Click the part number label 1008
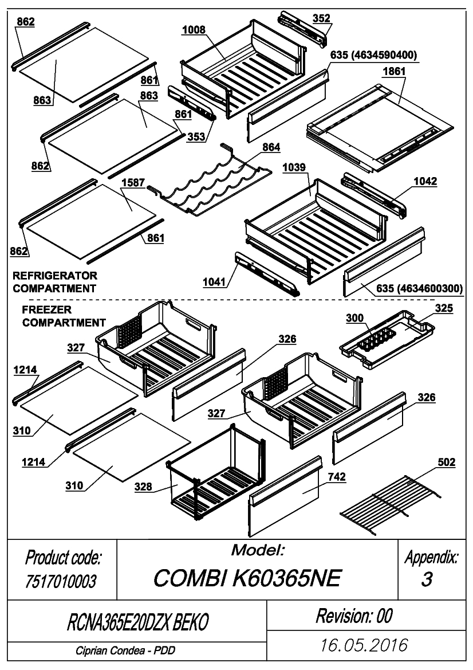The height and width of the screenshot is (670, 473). coord(194,30)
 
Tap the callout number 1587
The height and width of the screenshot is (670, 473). coord(133,182)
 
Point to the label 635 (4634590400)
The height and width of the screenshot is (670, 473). coord(373,55)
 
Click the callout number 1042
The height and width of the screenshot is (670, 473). coord(425,181)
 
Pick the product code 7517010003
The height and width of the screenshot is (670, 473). coord(61,581)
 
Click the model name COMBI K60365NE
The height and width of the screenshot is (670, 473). coord(247,578)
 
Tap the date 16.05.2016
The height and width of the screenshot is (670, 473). coord(364,645)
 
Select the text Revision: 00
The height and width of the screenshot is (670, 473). coord(354,616)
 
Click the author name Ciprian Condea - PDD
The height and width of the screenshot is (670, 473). coord(125,651)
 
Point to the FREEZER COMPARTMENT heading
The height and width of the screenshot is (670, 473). coord(64,316)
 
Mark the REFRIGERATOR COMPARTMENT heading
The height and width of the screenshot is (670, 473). coord(55,282)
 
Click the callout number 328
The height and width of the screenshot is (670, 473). coord(143,486)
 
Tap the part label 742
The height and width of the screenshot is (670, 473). coord(337,477)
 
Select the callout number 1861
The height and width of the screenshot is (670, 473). coord(394,71)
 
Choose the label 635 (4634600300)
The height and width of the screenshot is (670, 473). coord(419,288)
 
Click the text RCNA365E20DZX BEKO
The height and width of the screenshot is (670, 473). coord(138,622)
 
